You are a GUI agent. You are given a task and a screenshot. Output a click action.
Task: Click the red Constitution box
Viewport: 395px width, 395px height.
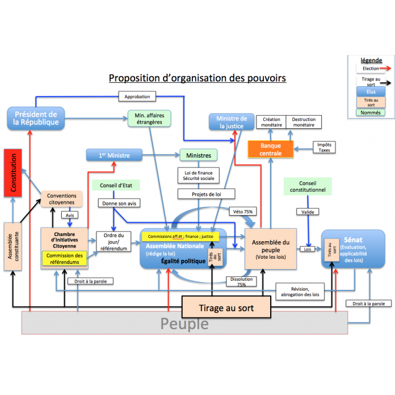(12, 173)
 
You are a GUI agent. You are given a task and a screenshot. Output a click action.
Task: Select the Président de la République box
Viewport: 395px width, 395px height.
(36, 117)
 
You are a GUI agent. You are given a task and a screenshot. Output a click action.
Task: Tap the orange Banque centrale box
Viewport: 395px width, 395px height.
(271, 149)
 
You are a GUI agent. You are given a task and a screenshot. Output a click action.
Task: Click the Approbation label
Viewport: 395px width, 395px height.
(137, 97)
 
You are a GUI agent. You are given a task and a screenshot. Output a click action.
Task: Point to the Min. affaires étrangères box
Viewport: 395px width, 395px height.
(149, 118)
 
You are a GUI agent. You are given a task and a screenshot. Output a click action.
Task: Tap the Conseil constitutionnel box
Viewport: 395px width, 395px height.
(308, 186)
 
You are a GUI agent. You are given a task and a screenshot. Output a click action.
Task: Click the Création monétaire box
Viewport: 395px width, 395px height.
(271, 123)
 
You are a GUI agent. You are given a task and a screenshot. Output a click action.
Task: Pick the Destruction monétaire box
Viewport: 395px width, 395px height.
(304, 123)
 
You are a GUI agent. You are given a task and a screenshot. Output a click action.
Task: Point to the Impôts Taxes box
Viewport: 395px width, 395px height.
(324, 147)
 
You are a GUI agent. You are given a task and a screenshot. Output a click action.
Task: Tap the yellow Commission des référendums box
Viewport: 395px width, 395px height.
(63, 258)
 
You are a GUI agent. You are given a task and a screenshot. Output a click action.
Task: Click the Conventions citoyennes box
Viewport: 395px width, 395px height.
(61, 199)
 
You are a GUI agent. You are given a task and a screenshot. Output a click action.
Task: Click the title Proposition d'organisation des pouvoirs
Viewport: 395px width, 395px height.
(197, 78)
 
